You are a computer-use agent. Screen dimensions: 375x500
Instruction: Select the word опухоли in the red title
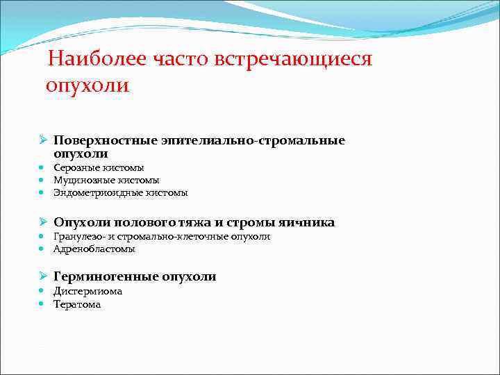pyautogui.click(x=87, y=86)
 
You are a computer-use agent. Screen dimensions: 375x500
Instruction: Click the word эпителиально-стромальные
pyautogui.click(x=252, y=141)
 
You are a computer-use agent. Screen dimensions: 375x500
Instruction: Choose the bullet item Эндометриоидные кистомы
pyautogui.click(x=120, y=192)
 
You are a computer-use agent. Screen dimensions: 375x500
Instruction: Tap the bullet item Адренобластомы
pyautogui.click(x=94, y=249)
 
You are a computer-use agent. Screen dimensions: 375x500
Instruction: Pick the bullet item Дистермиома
pyautogui.click(x=87, y=292)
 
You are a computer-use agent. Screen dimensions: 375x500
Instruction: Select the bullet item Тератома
pyautogui.click(x=77, y=304)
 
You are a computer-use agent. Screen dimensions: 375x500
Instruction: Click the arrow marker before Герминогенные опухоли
pyautogui.click(x=42, y=276)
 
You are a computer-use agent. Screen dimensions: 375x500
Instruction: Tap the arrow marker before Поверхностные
pyautogui.click(x=42, y=141)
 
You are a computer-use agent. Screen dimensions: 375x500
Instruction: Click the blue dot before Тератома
pyautogui.click(x=42, y=304)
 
